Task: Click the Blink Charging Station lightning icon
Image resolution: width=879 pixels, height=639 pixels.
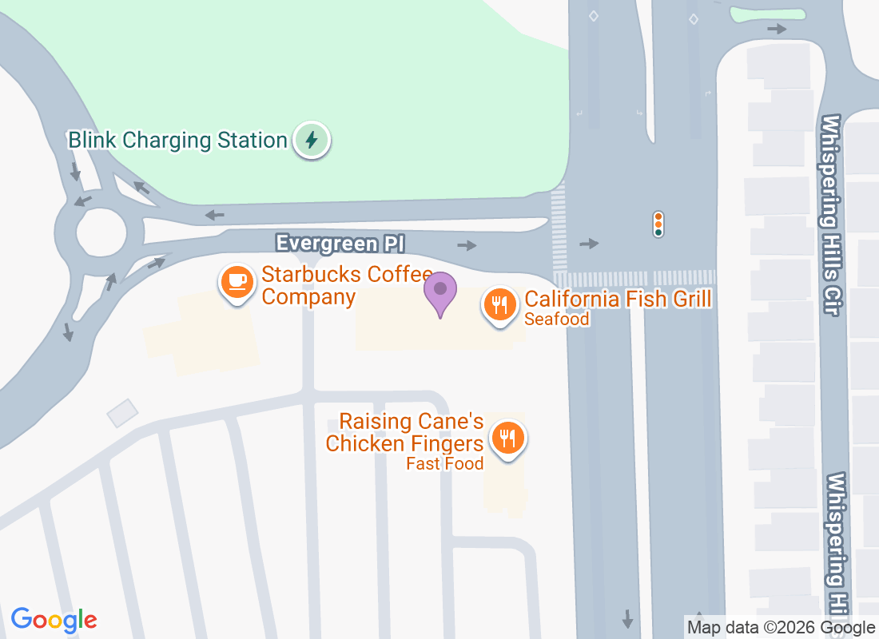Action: pos(312,141)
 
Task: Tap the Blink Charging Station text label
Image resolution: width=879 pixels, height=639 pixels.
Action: pos(177,141)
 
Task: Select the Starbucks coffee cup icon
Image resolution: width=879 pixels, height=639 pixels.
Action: pos(237,282)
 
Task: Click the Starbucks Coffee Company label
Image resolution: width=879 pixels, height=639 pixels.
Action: pos(347,286)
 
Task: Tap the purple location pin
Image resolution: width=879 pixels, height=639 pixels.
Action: pos(439,292)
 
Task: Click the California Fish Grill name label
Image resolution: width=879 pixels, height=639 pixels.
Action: pos(618,300)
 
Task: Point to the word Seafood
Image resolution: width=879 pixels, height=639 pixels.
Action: pos(557,319)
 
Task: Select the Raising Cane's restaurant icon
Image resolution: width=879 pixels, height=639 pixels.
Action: pos(507,438)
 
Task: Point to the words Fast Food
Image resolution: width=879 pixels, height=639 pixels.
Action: pos(444,463)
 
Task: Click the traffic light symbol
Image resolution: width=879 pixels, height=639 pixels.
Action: pos(658,224)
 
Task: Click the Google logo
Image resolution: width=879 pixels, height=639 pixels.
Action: pos(54,620)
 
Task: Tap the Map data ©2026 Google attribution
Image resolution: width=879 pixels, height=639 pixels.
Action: pos(781,628)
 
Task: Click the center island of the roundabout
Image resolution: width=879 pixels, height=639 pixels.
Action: pos(101,232)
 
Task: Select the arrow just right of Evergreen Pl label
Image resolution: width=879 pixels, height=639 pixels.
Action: pos(467,245)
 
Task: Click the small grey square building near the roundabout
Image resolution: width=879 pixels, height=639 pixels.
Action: pos(122,413)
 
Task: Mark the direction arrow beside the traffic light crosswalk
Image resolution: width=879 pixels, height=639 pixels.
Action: pos(589,243)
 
